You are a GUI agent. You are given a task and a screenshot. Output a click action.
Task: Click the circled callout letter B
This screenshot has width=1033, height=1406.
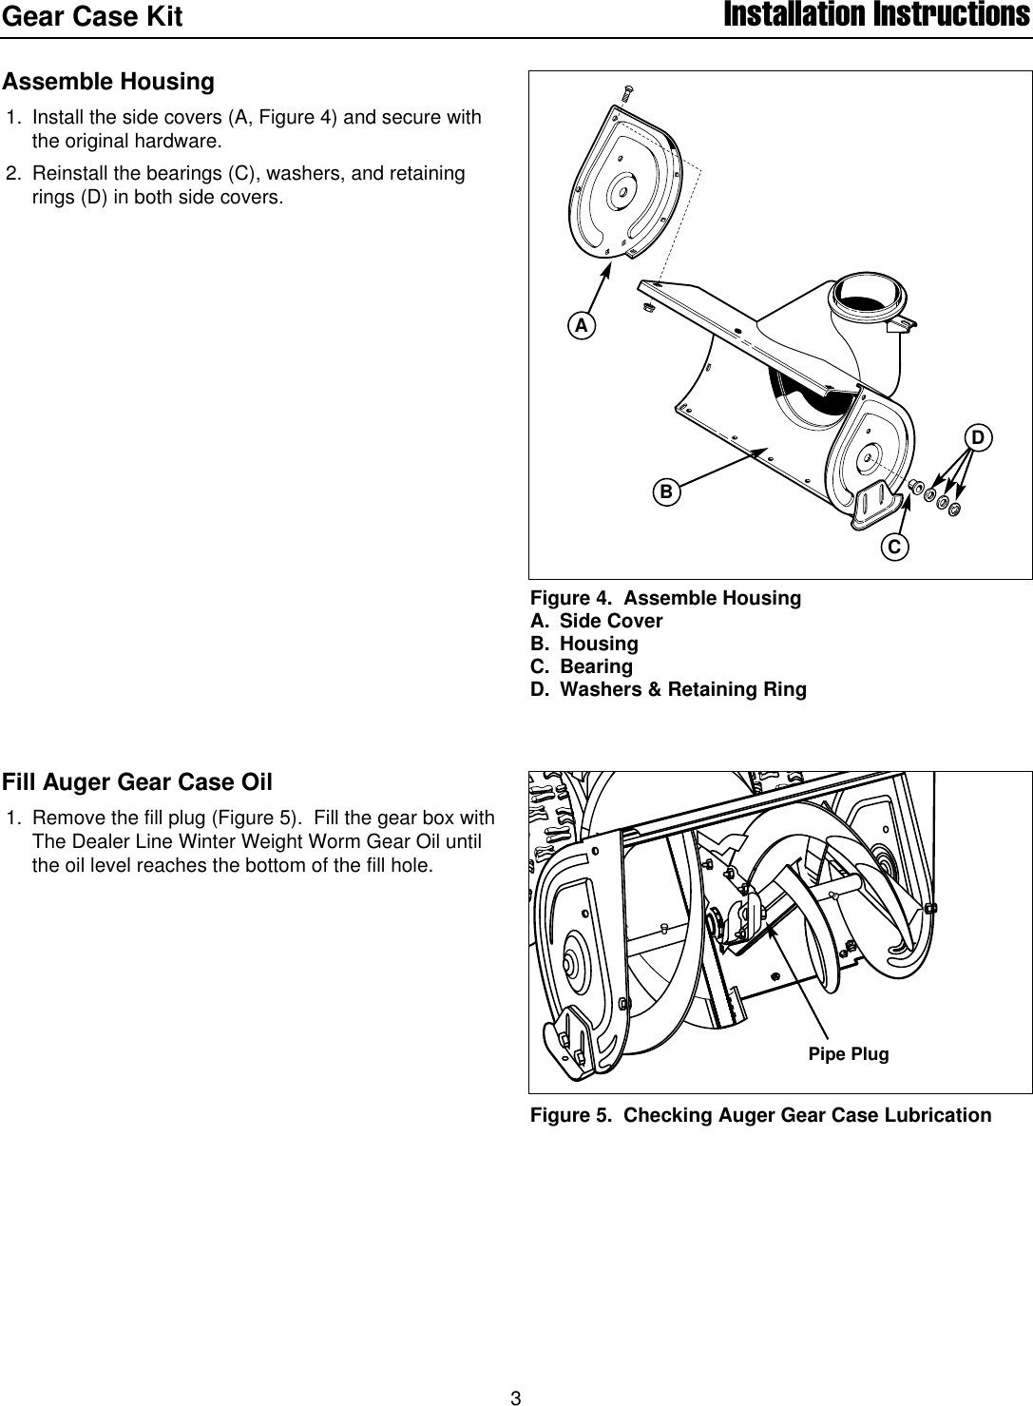pyautogui.click(x=666, y=491)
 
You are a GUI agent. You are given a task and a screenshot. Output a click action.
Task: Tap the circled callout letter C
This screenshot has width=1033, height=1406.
pyautogui.click(x=895, y=547)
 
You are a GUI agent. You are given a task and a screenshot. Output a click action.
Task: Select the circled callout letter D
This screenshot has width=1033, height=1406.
pyautogui.click(x=978, y=437)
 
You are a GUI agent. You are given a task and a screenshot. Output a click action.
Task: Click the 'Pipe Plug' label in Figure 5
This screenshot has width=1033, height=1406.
pyautogui.click(x=848, y=1054)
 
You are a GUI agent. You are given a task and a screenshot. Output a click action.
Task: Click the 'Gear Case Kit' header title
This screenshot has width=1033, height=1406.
pyautogui.click(x=92, y=17)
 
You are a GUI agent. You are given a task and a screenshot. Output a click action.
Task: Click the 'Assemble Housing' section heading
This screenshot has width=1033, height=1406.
pyautogui.click(x=108, y=82)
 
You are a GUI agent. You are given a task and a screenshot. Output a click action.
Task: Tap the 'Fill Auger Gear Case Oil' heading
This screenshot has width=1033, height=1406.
pyautogui.click(x=137, y=782)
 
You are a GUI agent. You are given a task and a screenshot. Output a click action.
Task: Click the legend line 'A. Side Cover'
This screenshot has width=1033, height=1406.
pyautogui.click(x=596, y=621)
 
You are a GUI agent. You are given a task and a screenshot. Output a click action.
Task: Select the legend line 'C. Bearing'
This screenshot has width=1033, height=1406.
pyautogui.click(x=581, y=666)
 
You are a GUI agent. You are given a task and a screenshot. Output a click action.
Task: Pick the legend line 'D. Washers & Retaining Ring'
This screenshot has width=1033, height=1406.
pyautogui.click(x=668, y=689)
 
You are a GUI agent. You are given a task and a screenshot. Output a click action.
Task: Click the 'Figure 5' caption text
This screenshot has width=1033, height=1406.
pyautogui.click(x=760, y=1115)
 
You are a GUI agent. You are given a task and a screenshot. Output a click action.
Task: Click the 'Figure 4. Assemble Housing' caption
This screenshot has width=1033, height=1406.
pyautogui.click(x=665, y=598)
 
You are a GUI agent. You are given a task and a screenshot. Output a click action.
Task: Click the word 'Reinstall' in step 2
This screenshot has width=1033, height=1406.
pyautogui.click(x=69, y=174)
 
